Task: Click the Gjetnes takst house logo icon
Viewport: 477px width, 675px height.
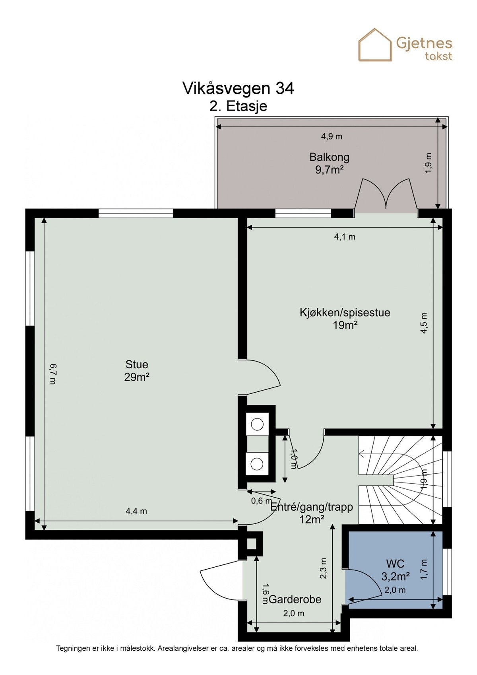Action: pos(375,45)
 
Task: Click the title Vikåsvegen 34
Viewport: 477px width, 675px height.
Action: pos(238,88)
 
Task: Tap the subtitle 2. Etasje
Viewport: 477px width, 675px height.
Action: pos(238,106)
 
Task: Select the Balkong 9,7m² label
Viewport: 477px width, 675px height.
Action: pos(329,163)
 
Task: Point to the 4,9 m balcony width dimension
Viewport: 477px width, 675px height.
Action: pos(332,136)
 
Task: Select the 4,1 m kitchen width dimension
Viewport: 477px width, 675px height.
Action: pos(344,237)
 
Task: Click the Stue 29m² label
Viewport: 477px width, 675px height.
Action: pos(136,370)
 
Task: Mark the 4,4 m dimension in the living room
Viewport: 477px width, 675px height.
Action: pos(136,511)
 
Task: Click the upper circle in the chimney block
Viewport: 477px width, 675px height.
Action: pos(258,424)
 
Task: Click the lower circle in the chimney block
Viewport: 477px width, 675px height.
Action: pos(258,463)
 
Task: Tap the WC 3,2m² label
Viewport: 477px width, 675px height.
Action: pos(395,570)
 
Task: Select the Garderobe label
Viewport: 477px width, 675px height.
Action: pos(295,599)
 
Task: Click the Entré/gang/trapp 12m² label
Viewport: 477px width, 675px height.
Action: pos(312,513)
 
